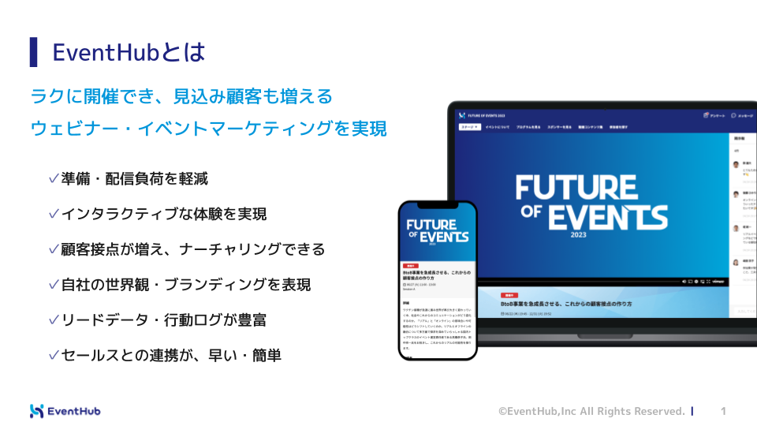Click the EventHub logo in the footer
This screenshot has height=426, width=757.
[65, 411]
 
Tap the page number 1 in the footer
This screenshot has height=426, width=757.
[724, 411]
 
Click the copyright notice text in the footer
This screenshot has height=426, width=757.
[591, 411]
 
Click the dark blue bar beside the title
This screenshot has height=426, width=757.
[34, 52]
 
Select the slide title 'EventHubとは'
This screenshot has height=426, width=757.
[129, 52]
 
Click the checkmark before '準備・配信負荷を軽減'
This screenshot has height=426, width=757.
[54, 179]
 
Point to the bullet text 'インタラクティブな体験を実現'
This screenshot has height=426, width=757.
[163, 214]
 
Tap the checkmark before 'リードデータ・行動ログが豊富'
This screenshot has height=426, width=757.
[54, 319]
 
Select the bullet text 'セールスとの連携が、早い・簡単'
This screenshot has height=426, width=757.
[171, 355]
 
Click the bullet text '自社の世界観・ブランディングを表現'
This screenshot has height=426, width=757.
[185, 285]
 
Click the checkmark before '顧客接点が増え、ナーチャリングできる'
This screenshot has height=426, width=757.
[54, 249]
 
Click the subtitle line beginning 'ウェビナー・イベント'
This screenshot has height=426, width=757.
[208, 129]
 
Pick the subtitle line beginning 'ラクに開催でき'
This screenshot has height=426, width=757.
[181, 96]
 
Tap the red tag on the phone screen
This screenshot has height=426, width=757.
[410, 266]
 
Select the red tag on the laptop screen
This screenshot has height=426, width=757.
[509, 293]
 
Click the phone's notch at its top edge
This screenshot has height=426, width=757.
[438, 204]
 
